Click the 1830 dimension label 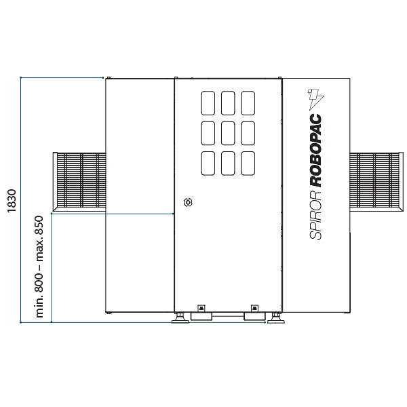pyautogui.click(x=12, y=201)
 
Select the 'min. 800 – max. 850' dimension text pyautogui.click(x=39, y=267)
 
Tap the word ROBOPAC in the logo pyautogui.click(x=315, y=151)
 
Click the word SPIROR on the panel pyautogui.click(x=315, y=215)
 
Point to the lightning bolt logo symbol pyautogui.click(x=316, y=99)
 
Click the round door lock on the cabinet pyautogui.click(x=188, y=202)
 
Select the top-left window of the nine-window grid pyautogui.click(x=208, y=103)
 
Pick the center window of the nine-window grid pyautogui.click(x=228, y=133)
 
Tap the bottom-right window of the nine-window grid pyautogui.click(x=248, y=163)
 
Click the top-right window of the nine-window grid pyautogui.click(x=248, y=103)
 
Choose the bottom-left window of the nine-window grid pyautogui.click(x=208, y=163)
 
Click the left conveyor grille pyautogui.click(x=79, y=181)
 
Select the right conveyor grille pyautogui.click(x=376, y=181)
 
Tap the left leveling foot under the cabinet pyautogui.click(x=180, y=318)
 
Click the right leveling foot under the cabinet pyautogui.click(x=275, y=318)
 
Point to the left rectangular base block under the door pyautogui.click(x=201, y=316)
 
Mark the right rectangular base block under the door pyautogui.click(x=254, y=316)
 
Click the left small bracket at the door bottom pyautogui.click(x=201, y=308)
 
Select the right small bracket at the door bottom pyautogui.click(x=254, y=308)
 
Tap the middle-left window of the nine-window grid pyautogui.click(x=208, y=133)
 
